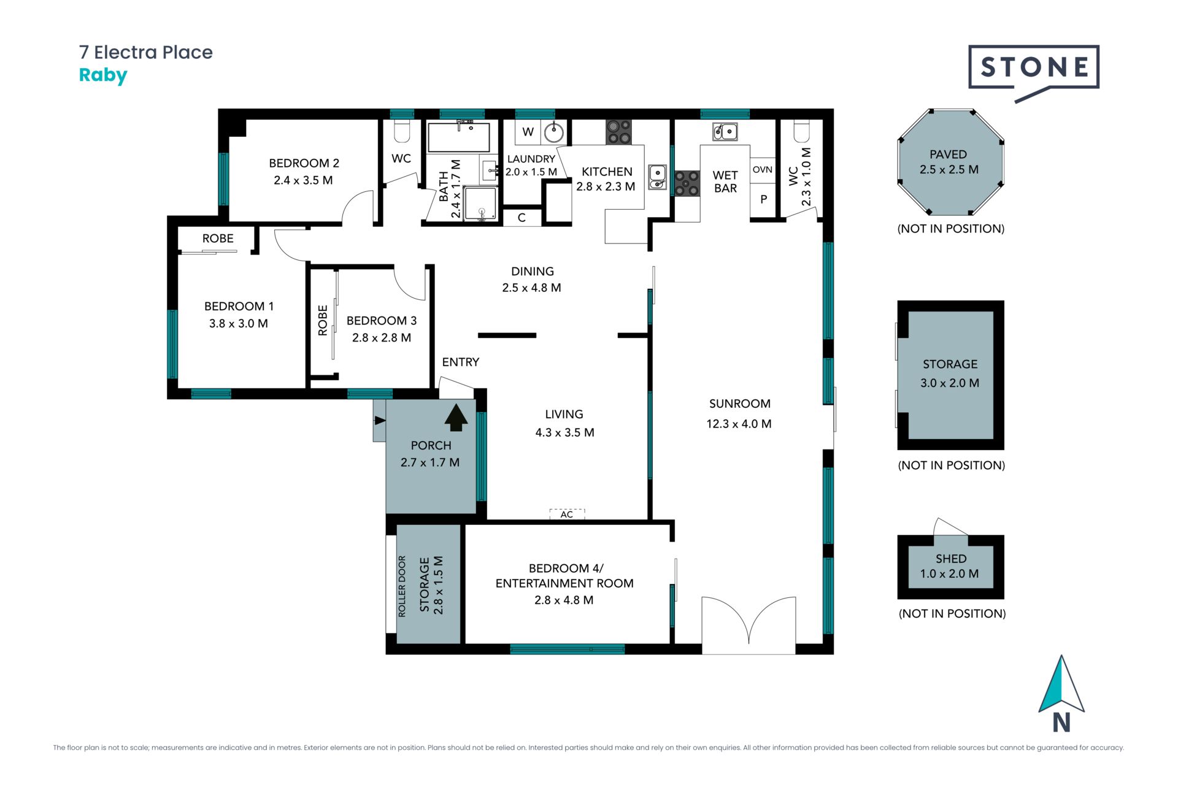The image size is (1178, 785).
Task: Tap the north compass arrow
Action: tap(1061, 684)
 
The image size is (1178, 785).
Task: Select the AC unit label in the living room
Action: tap(567, 514)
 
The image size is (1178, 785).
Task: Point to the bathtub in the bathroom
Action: tap(459, 137)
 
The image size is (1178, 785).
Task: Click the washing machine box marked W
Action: tap(528, 132)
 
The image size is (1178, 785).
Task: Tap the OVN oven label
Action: tap(763, 169)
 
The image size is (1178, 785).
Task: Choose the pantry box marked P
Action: tap(763, 199)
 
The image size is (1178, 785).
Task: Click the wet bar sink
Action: tap(725, 131)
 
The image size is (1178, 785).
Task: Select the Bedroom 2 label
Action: tap(304, 163)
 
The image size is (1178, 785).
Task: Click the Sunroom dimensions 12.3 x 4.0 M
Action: tap(739, 424)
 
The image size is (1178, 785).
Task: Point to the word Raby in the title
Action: tap(103, 76)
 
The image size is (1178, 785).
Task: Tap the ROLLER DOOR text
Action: tap(402, 586)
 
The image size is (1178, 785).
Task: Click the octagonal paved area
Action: tap(950, 163)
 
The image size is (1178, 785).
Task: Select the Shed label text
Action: tap(951, 559)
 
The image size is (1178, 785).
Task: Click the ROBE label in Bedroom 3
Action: tap(323, 321)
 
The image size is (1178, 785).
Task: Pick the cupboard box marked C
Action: tap(522, 217)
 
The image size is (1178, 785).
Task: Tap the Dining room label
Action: tap(532, 271)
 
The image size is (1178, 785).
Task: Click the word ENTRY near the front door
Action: tap(461, 362)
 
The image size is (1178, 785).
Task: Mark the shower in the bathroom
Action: tap(480, 203)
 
